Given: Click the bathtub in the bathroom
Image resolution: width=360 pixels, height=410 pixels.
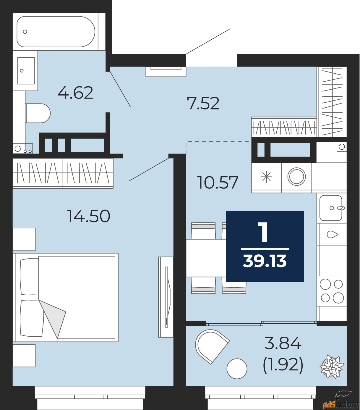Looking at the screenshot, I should pyautogui.click(x=56, y=32).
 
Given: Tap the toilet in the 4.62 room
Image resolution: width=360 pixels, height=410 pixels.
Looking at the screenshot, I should pyautogui.click(x=38, y=113).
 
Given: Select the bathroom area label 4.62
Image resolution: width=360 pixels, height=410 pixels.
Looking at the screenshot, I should pyautogui.click(x=75, y=93).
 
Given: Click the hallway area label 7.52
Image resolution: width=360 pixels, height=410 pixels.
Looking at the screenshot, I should pyautogui.click(x=203, y=104).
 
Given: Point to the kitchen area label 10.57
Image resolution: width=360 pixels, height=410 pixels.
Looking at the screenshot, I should pyautogui.click(x=218, y=183).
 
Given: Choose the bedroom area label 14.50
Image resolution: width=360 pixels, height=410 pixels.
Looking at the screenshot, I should pyautogui.click(x=88, y=216).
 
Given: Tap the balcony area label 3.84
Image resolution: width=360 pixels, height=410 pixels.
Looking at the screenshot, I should pyautogui.click(x=283, y=343).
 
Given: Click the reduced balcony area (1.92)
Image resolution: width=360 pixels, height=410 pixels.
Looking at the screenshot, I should pyautogui.click(x=283, y=364).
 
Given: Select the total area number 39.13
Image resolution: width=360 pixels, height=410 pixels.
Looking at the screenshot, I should pyautogui.click(x=265, y=261).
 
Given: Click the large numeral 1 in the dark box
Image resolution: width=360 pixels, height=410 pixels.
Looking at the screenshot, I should pyautogui.click(x=263, y=233).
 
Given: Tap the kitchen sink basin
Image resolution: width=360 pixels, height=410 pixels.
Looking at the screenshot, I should pyautogui.click(x=331, y=208).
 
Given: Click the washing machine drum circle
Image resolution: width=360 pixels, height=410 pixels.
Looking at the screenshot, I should pyautogui.click(x=296, y=177).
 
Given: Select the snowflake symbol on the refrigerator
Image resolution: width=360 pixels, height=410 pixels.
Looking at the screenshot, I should pyautogui.click(x=266, y=177).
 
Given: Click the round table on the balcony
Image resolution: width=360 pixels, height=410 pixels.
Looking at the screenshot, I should pyautogui.click(x=237, y=369).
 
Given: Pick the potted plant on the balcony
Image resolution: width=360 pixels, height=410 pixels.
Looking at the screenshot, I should pyautogui.click(x=332, y=367).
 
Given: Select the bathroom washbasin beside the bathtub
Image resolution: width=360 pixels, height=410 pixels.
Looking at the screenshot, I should pyautogui.click(x=26, y=71).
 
